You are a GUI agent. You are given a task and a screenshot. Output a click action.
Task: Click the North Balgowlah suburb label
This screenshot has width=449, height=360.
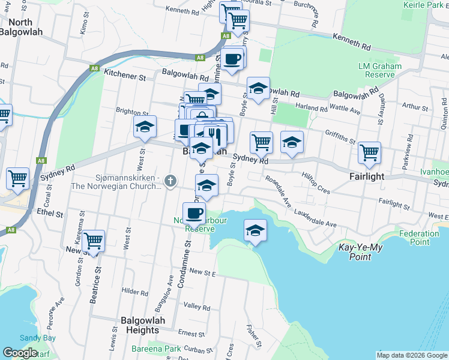[x=22, y=27]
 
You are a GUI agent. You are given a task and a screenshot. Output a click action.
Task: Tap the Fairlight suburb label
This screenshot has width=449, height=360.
[x=367, y=177]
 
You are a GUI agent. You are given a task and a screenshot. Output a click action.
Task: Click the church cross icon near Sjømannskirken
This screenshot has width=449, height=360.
[x=170, y=180]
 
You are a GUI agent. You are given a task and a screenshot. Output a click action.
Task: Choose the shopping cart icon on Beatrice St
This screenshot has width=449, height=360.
[x=93, y=241]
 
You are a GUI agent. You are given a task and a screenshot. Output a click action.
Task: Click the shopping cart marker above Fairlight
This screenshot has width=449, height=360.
[x=369, y=152]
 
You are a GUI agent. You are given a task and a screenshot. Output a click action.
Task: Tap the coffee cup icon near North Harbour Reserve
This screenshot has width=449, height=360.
[x=194, y=212]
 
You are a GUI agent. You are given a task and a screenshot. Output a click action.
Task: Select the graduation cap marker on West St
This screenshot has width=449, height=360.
[x=145, y=126]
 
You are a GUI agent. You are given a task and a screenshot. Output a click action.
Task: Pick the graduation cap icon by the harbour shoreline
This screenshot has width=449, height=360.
[x=255, y=231]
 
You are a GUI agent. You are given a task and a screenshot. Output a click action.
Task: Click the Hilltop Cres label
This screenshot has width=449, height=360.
[x=316, y=183]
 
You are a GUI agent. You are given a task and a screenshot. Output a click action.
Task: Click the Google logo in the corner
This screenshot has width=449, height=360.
[x=20, y=353]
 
